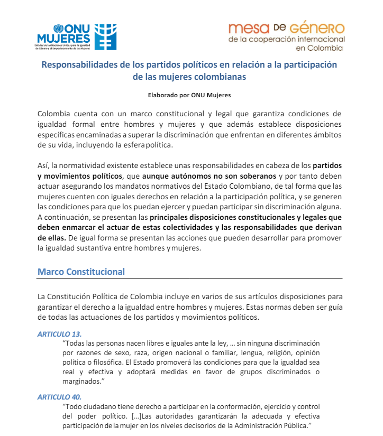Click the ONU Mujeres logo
tap(77, 36)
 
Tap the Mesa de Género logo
tap(286, 36)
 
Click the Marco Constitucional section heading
tap(81, 272)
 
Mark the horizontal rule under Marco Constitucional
tap(190, 279)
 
